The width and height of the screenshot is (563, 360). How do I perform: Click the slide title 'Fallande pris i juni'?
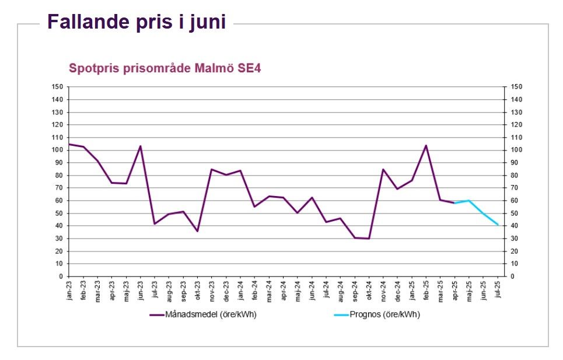136,22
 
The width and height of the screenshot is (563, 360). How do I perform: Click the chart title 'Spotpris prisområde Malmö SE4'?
165,68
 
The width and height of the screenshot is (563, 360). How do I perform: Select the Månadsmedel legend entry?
203,314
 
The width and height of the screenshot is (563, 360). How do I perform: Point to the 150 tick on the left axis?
57,87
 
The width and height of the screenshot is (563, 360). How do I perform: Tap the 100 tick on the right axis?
516,150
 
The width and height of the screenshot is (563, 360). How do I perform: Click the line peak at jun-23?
141,146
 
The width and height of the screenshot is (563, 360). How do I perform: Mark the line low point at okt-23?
198,231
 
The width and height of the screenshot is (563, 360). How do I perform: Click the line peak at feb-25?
426,145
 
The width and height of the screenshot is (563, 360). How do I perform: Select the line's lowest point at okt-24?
369,239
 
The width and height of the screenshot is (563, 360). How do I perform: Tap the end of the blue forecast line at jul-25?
498,225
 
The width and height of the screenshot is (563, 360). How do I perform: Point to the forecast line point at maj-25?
469,201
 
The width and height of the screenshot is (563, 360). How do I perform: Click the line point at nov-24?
383,169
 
